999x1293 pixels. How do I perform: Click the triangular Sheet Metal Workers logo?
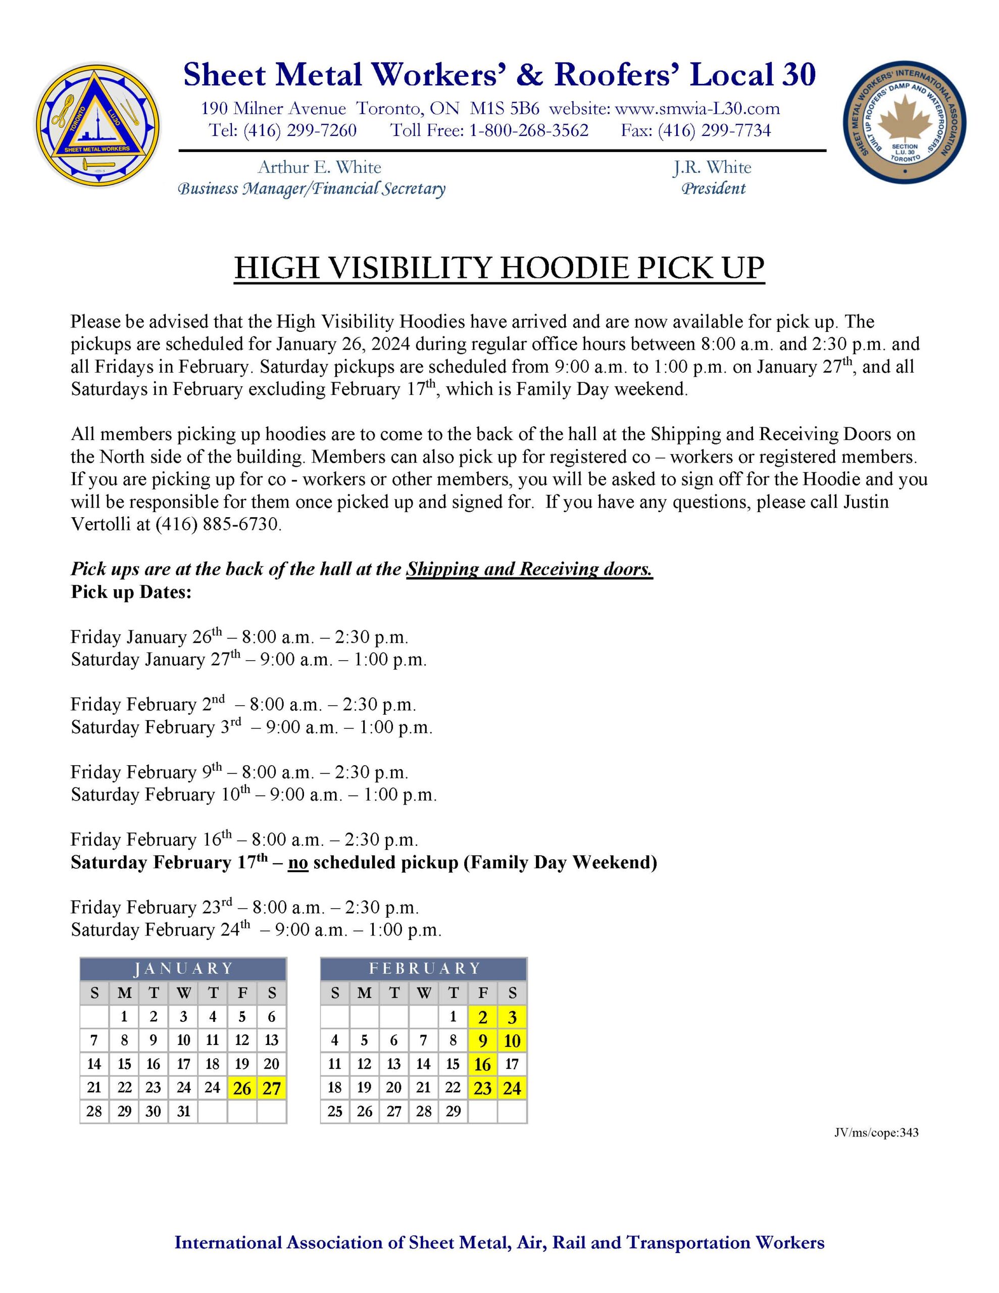coord(96,125)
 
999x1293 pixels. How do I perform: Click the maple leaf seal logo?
coord(904,123)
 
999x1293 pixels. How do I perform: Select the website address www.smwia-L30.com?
coord(697,109)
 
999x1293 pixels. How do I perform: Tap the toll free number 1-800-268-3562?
coord(529,130)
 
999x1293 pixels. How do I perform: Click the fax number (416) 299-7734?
coord(714,130)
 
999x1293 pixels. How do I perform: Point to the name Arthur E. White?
coord(319,168)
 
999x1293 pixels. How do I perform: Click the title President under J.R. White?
coord(713,189)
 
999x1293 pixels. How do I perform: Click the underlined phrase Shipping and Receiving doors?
coord(529,569)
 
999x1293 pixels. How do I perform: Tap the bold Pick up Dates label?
coord(131,591)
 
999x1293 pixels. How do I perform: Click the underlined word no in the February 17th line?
coord(298,863)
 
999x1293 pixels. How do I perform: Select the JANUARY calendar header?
coord(183,969)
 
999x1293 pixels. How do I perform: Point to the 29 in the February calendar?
coord(453,1112)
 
